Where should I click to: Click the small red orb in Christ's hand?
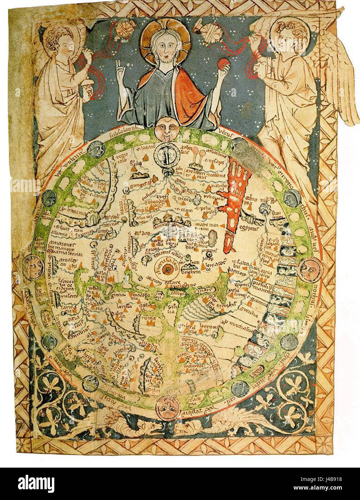pos(223,63)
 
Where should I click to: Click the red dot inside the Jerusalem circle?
pos(167,269)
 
